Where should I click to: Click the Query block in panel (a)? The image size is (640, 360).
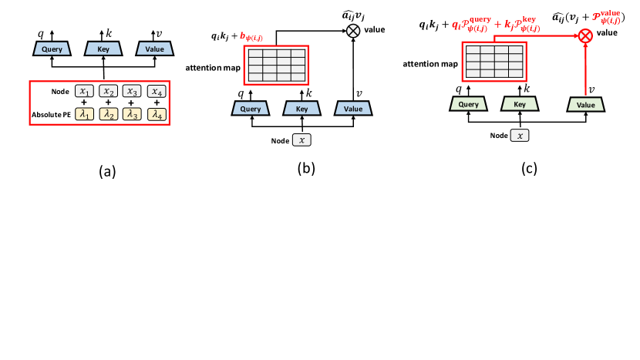52,49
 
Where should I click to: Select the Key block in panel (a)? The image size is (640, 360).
104,49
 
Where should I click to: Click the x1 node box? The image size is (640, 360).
85,91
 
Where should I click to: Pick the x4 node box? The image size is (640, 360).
157,91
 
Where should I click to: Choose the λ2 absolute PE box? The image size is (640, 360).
109,114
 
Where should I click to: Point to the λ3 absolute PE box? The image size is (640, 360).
133,114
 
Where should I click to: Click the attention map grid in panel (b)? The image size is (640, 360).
275,64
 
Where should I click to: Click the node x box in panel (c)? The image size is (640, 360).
522,136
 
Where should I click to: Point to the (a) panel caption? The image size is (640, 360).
106,171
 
